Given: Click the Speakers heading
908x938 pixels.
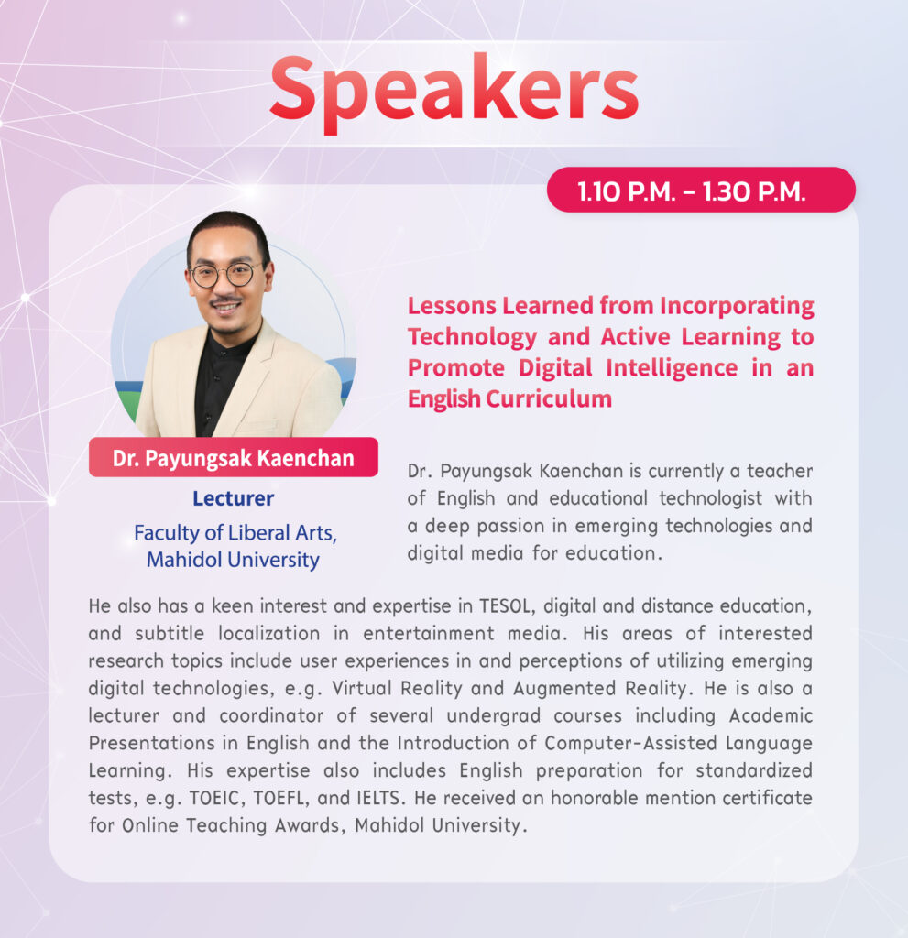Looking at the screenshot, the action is coord(454,91).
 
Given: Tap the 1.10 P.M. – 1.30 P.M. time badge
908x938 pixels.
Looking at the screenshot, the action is coord(701,191).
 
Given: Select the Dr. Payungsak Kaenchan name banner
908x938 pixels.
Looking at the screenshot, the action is coord(234,458).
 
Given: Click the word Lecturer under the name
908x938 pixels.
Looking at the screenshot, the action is coord(234,499).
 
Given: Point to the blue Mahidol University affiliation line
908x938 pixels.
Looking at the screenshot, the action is coord(234,560).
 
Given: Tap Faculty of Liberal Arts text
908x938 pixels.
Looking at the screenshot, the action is coord(235,533).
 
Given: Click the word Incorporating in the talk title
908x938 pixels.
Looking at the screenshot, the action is coord(737,307).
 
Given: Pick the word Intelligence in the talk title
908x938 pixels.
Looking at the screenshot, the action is coord(672,368).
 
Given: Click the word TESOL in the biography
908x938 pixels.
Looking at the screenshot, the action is coord(505,606).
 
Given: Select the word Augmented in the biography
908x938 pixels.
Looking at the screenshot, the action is coord(564,689).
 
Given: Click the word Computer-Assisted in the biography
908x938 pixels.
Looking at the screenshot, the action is coord(630,744).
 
